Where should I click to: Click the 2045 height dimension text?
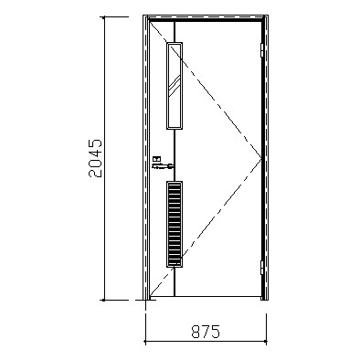[x=95, y=158]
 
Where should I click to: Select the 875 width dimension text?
[x=206, y=332]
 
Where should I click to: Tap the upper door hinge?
[x=261, y=50]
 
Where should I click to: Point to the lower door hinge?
[x=261, y=268]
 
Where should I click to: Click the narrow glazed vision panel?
[x=175, y=86]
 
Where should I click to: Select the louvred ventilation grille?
[x=175, y=224]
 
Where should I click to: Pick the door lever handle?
[x=163, y=166]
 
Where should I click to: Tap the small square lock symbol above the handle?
[x=157, y=159]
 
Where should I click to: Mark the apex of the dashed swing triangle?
[x=262, y=158]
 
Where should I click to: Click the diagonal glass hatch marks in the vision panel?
[x=175, y=85]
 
